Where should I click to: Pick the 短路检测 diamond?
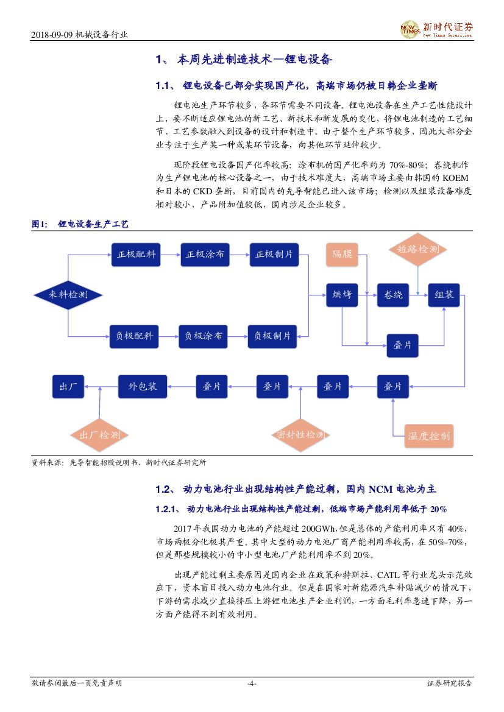click(x=418, y=249)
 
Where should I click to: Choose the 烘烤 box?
click(x=342, y=295)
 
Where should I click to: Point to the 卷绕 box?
click(x=393, y=295)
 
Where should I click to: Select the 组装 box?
click(x=444, y=295)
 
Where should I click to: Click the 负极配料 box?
click(x=135, y=336)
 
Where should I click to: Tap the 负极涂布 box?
click(x=204, y=336)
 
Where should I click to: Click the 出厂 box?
click(x=68, y=386)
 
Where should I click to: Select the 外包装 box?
click(x=142, y=386)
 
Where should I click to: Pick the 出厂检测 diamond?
click(x=99, y=435)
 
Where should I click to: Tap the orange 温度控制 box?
click(x=429, y=435)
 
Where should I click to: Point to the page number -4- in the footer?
click(x=252, y=683)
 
